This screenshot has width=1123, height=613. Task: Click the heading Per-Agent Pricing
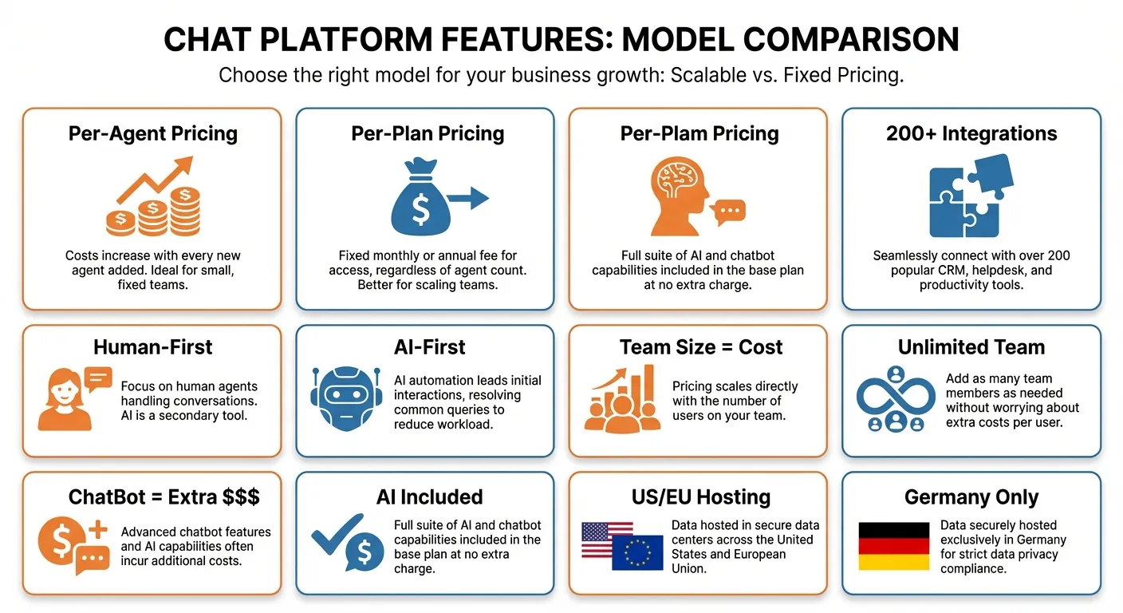(x=152, y=133)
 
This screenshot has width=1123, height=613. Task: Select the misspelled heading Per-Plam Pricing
(x=699, y=133)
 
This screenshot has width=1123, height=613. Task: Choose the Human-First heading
(x=152, y=347)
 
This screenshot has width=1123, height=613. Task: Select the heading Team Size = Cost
(x=700, y=347)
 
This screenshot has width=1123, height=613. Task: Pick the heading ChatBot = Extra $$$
(x=164, y=497)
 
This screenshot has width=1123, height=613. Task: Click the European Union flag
(x=637, y=552)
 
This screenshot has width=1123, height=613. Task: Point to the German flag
(x=893, y=546)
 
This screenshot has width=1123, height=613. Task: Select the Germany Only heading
(x=971, y=497)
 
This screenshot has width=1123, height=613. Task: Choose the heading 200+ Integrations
(x=971, y=133)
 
